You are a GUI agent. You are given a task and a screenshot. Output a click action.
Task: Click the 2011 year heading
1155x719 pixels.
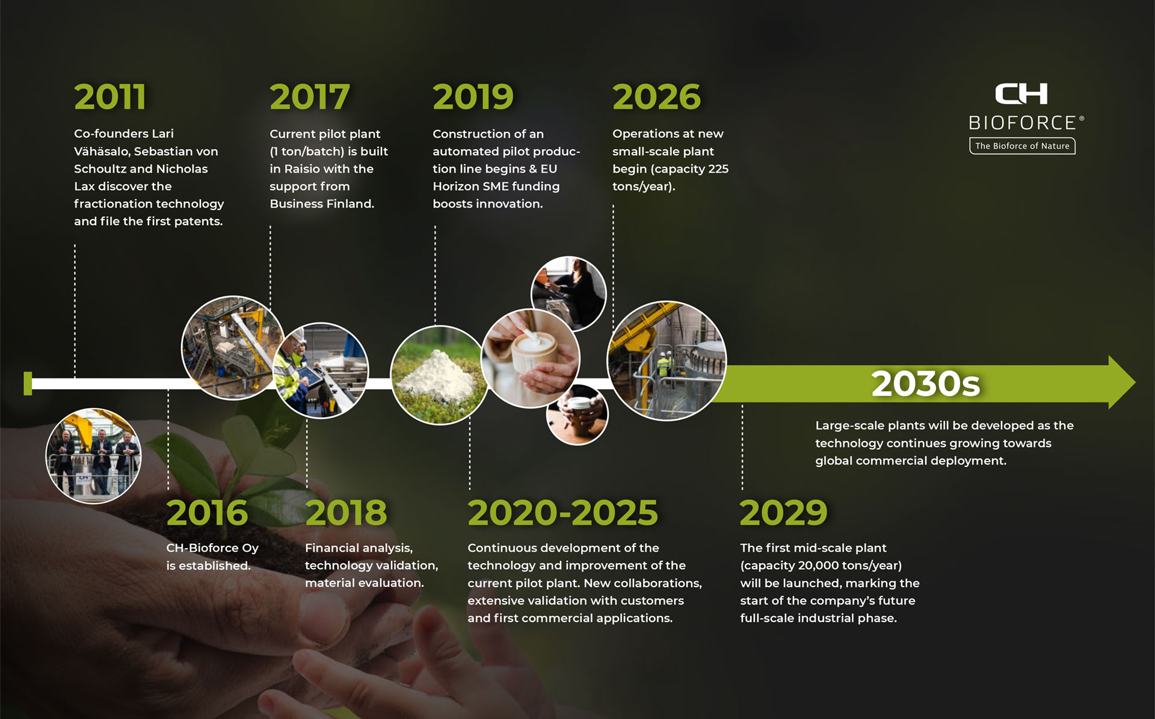110,97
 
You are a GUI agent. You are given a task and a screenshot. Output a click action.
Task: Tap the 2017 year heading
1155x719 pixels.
310,97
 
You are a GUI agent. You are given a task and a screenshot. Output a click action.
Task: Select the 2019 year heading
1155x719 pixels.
473,97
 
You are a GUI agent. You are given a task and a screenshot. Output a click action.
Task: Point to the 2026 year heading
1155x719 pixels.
657,97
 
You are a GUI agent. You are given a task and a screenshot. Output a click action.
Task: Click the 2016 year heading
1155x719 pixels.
207,513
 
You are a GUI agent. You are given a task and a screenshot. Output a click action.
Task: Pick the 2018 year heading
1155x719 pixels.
346,513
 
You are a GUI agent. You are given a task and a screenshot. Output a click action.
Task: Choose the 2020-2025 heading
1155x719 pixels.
563,513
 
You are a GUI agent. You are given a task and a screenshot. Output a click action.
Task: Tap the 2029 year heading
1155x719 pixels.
784,513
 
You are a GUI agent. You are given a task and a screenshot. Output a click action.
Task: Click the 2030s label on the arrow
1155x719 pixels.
926,384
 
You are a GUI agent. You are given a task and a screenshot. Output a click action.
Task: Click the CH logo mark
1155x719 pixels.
1021,94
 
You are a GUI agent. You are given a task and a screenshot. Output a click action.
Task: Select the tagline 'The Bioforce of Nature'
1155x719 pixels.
1022,146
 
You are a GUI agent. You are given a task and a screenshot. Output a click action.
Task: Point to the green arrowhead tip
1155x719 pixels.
1135,383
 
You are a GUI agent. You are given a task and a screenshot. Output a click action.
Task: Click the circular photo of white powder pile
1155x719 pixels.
439,375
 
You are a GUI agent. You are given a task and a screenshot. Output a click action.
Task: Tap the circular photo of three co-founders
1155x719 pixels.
94,455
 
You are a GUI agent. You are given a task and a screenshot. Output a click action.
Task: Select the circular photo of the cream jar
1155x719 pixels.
531,359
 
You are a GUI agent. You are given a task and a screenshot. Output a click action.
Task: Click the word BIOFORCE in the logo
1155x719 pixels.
1022,123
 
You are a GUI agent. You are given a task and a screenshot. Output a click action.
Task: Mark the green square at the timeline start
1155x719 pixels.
28,384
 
